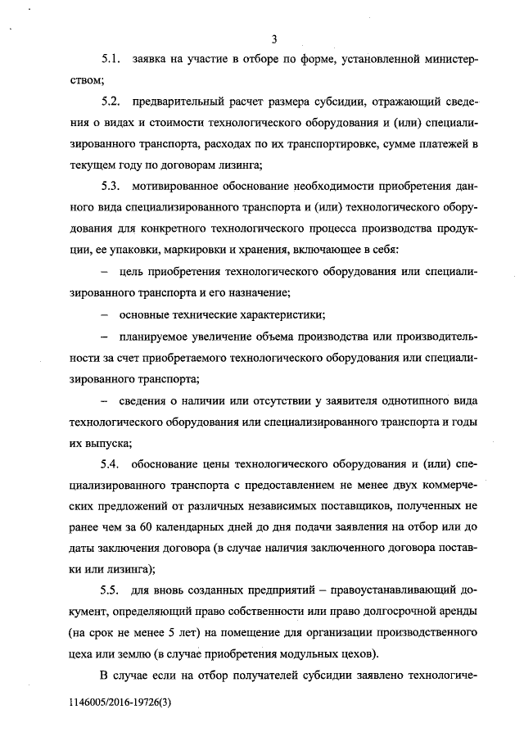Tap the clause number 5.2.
111,102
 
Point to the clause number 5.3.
111,187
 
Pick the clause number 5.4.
111,464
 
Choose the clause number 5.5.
111,590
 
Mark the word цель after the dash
133,271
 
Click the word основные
149,314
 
